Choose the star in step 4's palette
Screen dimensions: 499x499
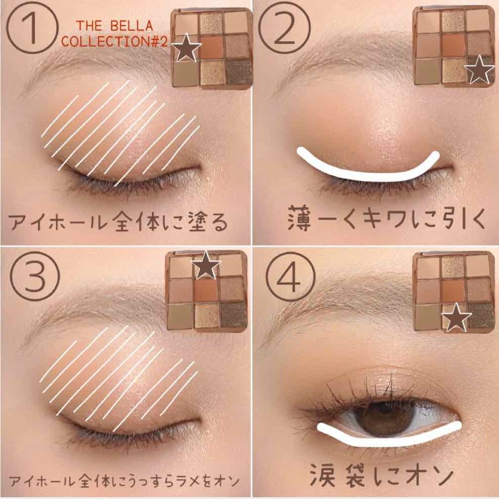tap(457, 318)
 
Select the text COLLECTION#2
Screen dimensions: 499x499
tap(115, 41)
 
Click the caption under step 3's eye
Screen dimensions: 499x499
tap(125, 481)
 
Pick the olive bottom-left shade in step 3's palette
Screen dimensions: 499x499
tap(180, 315)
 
